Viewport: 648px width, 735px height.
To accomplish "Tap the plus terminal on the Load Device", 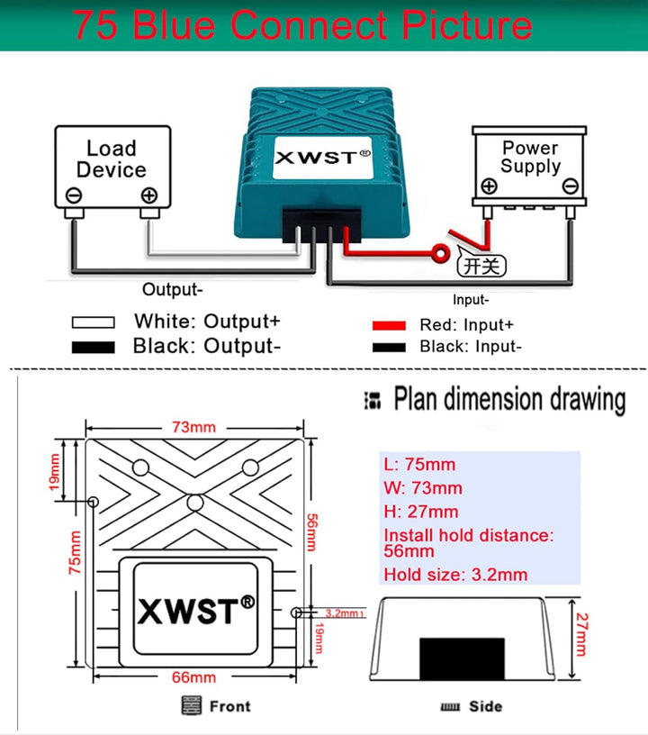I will coord(148,195).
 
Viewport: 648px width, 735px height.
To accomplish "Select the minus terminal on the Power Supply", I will coord(569,186).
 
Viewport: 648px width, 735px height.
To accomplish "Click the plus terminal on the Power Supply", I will coord(489,186).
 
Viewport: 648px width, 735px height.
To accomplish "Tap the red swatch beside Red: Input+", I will coord(389,325).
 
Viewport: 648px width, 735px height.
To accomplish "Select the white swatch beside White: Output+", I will coord(93,322).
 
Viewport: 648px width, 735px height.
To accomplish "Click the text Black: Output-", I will coord(207,346).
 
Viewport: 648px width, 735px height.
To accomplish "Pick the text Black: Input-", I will coord(471,346).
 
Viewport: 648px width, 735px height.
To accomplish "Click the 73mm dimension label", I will coord(193,427).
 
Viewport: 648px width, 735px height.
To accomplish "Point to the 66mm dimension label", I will coord(193,677).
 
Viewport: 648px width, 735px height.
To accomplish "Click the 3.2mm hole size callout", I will coord(342,613).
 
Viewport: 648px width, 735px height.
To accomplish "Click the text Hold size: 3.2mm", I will coord(455,575).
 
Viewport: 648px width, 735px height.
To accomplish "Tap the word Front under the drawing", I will coord(229,706).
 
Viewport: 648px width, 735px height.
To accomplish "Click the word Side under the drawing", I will coord(485,706).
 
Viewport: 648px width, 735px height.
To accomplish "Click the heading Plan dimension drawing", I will coord(509,399).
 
